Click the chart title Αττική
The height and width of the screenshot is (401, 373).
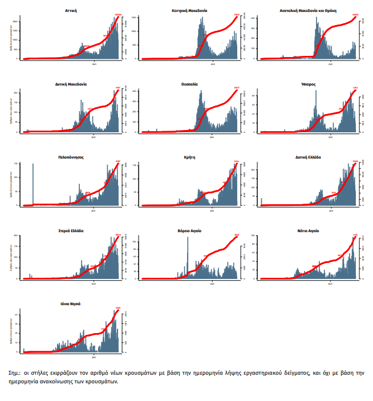(72, 10)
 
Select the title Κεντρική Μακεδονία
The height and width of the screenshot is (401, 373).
(190, 10)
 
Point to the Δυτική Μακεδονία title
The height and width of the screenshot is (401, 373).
(72, 84)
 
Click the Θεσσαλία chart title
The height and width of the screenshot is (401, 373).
(190, 84)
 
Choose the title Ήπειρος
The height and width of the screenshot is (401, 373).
(309, 84)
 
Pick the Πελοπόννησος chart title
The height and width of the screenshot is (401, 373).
(72, 157)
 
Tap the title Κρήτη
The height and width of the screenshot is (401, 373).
(190, 157)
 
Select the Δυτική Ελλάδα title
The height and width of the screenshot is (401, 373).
(309, 157)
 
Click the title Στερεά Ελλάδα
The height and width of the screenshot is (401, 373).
(72, 230)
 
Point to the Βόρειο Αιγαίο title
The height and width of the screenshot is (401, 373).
(190, 230)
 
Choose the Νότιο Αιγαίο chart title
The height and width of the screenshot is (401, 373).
(309, 230)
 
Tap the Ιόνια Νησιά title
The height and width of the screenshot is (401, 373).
(72, 303)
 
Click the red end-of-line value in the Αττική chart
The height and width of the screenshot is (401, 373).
(119, 15)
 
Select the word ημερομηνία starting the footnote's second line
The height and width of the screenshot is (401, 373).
(27, 382)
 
